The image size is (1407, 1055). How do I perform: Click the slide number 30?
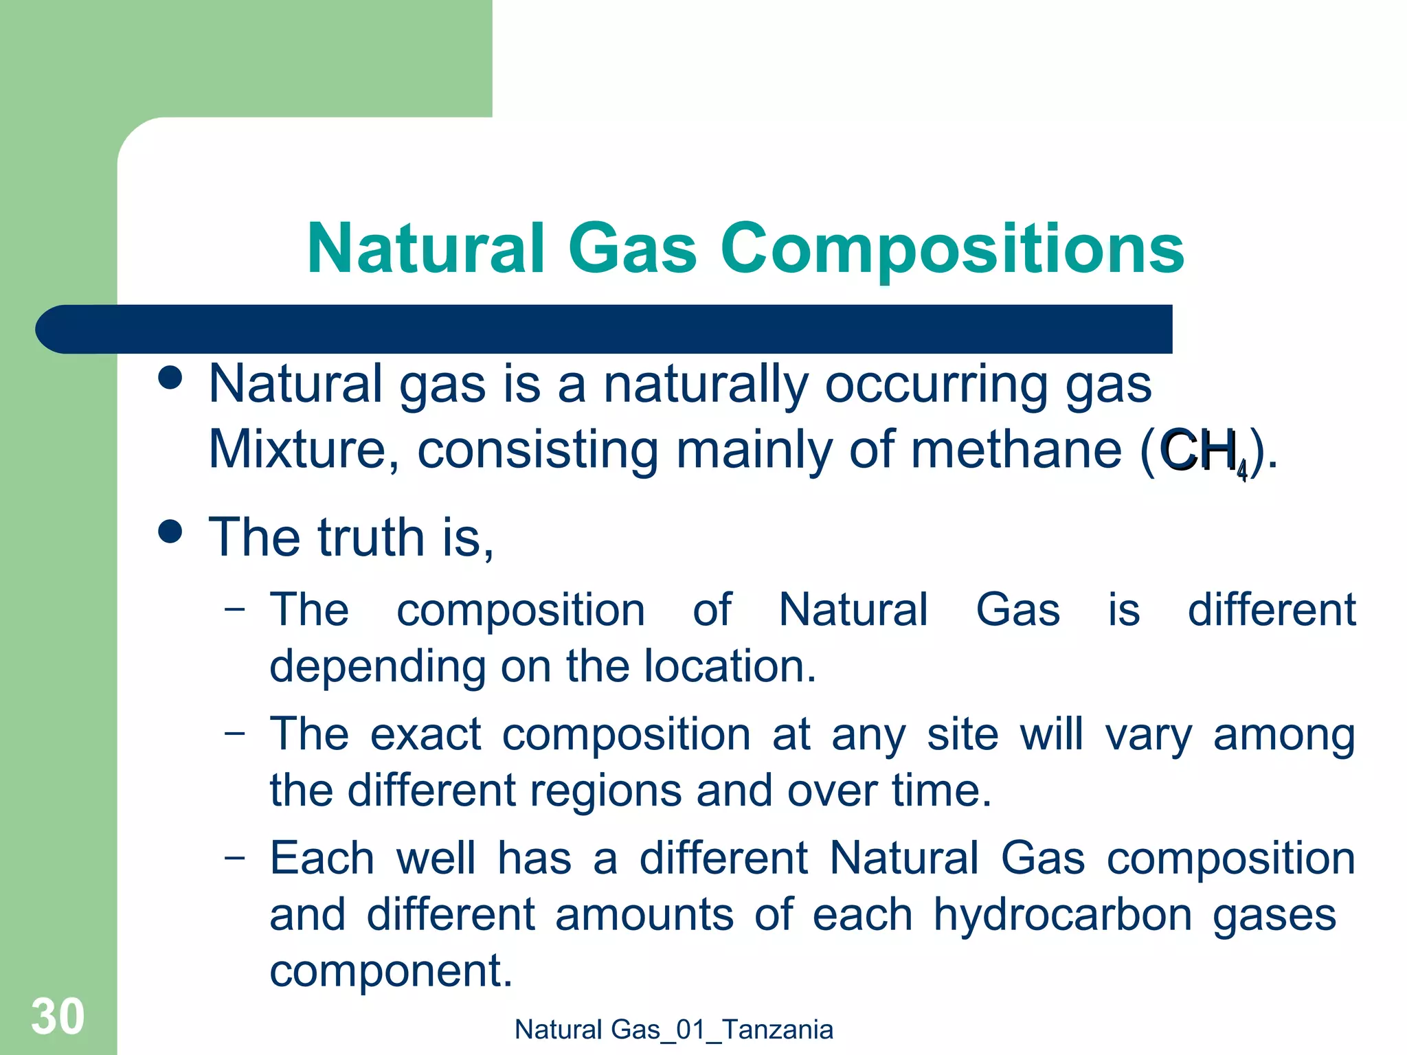58,1016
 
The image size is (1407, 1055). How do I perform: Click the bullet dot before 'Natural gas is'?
170,378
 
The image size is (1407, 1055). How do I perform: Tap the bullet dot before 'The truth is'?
170,531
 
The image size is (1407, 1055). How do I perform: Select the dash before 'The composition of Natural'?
234,608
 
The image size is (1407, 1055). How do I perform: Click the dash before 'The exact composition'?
234,732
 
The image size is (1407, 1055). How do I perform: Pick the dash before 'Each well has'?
234,857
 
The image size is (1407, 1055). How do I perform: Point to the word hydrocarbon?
1062,915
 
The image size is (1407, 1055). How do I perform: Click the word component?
390,971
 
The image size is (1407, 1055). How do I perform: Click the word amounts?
644,915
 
